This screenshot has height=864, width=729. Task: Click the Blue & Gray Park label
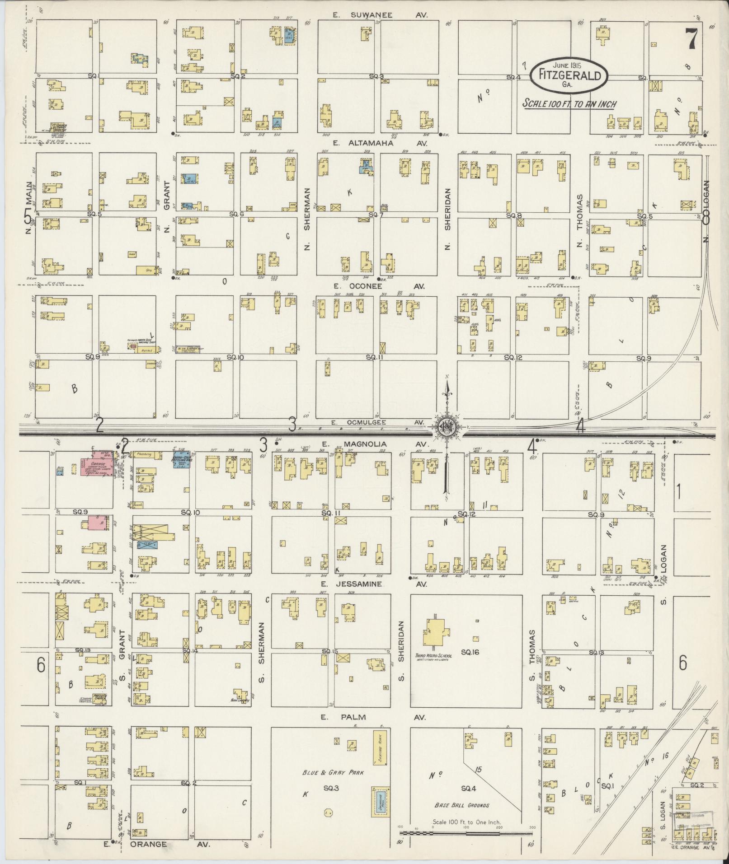(x=333, y=772)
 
